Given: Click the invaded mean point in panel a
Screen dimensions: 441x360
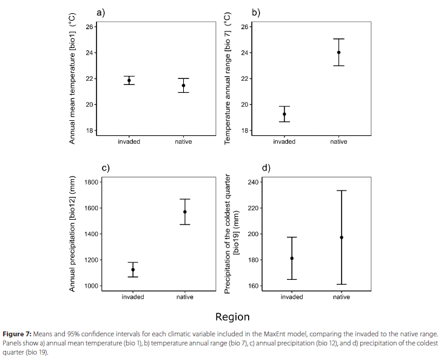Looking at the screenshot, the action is (129, 81).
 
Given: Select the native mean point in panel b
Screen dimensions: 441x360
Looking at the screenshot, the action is (338, 52).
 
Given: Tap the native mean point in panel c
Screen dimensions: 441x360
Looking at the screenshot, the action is (185, 212).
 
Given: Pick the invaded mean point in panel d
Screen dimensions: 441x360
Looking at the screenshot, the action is (292, 259).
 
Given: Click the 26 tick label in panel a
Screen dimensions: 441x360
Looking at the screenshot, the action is (89, 27).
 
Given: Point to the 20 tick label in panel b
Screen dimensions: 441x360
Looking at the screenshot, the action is (244, 104).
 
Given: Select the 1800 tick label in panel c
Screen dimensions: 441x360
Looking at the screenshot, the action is (92, 182).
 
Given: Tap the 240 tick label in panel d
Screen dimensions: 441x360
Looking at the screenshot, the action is (253, 182).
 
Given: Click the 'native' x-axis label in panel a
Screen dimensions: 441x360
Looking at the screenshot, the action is (183, 141).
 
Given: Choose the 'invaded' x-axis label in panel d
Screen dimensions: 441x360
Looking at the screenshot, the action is (292, 297).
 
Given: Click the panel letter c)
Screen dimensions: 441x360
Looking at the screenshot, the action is (106, 168).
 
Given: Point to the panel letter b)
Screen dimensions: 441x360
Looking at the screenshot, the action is (256, 12).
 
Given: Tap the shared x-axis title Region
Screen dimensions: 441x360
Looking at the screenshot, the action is (232, 317).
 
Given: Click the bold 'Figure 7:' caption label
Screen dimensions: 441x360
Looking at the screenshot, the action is (17, 334).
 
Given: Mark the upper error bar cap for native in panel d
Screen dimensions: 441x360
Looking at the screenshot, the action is (342, 191).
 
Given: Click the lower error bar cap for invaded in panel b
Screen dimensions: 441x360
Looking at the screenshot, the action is (284, 121).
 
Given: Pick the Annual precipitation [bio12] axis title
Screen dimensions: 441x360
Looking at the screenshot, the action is (72, 234).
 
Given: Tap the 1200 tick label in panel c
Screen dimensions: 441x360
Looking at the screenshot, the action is (92, 260).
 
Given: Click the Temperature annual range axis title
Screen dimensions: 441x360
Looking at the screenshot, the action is (227, 79).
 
